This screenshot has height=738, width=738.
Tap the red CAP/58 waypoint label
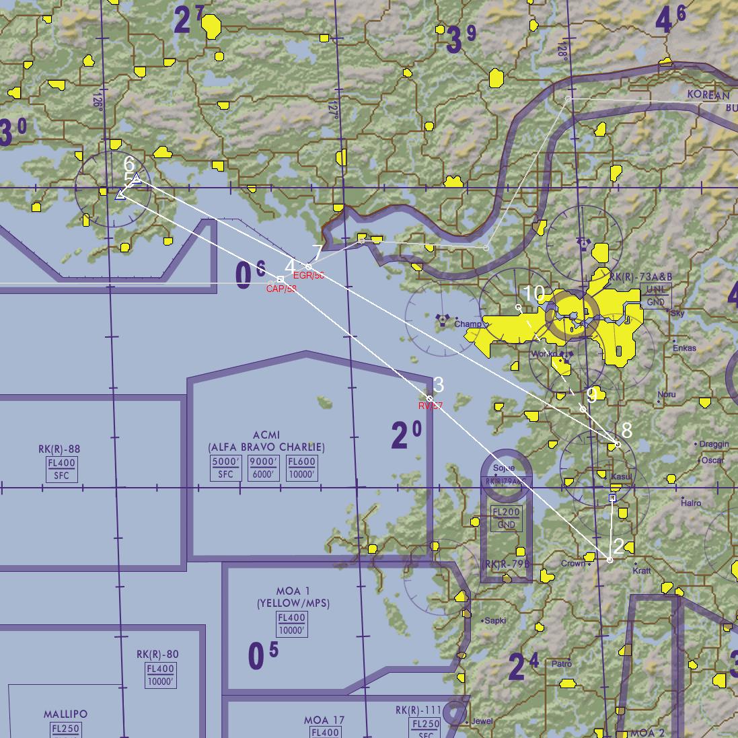point(281,289)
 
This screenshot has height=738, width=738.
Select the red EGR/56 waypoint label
point(309,275)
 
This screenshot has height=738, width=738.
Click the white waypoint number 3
point(439,385)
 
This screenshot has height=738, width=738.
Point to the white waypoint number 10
point(533,293)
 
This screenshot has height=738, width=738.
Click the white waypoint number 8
point(627,431)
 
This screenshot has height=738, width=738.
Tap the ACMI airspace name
point(267,435)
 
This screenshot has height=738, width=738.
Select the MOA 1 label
point(293,591)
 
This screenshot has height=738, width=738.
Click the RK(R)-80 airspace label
point(157,654)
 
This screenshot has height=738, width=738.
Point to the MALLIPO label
point(65,714)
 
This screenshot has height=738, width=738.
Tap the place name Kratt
point(642,570)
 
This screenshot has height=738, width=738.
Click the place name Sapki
point(495,621)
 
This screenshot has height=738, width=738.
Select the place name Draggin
point(714,444)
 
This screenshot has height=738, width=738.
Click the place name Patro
point(562,664)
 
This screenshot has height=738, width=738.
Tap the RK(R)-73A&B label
point(640,277)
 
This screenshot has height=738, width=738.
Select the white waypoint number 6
point(129,164)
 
